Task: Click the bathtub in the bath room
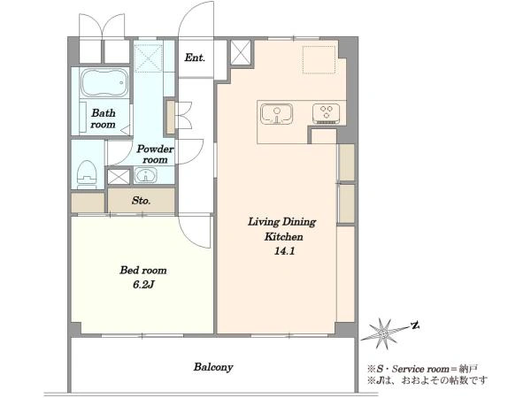pos(104,83)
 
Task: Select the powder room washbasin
pos(146,175)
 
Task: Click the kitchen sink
pos(277,114)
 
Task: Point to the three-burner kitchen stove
pos(326,113)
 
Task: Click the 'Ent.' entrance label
pos(195,57)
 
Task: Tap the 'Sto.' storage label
pos(141,201)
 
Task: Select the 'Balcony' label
pos(213,367)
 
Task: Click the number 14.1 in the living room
pos(284,251)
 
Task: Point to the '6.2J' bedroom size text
pos(143,285)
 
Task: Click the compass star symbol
pos(384,333)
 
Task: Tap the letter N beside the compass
pos(416,325)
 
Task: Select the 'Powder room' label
pos(155,154)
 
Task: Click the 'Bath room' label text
pos(103,119)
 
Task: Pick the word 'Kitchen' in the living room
pos(284,236)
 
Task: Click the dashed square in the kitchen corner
pos(319,59)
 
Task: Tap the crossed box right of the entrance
pos(241,52)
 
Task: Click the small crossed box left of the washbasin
pos(119,177)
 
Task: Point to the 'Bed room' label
pos(143,270)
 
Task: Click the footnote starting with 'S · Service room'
pos(423,368)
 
